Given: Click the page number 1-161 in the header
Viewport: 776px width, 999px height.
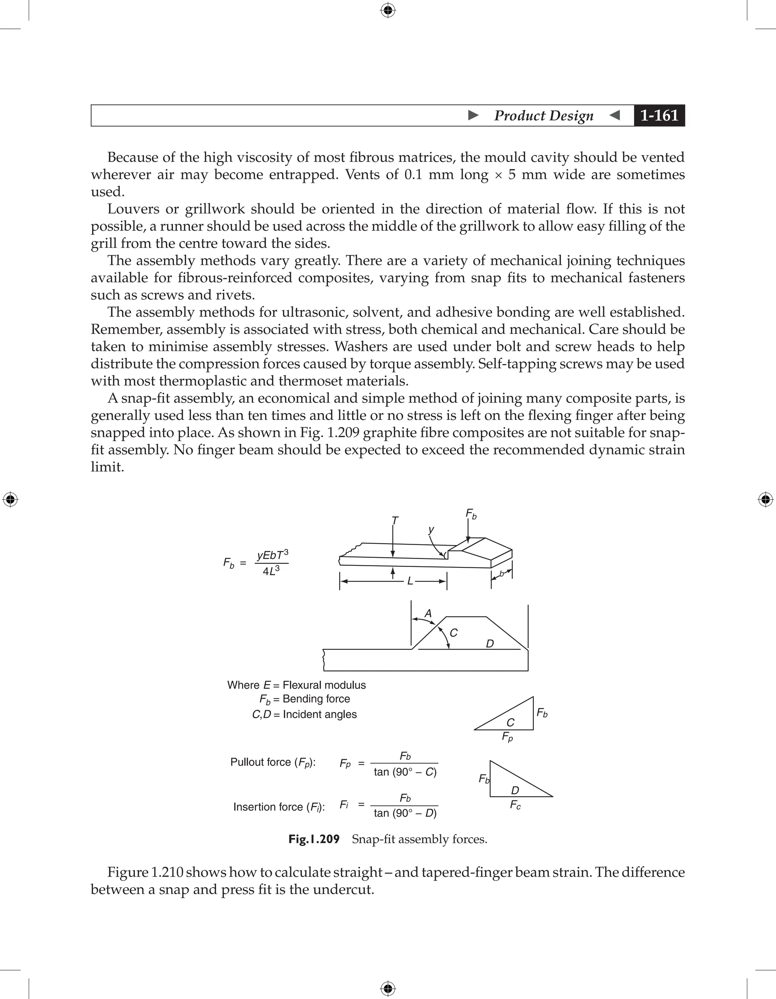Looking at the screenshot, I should point(659,115).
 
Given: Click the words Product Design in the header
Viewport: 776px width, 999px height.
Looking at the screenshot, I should point(543,115).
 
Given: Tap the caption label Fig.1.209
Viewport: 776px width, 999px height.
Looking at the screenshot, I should point(314,839).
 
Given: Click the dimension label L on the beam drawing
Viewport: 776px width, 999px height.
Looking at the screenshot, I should point(410,581).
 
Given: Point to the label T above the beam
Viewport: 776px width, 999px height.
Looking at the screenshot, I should point(395,521).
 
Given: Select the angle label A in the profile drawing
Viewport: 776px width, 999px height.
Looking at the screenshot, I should point(428,614).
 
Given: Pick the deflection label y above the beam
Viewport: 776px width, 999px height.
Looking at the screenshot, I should point(431,530).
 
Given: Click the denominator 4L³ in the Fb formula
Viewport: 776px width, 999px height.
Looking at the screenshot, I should point(271,571).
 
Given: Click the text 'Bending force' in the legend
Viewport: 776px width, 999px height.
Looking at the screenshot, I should point(316,698).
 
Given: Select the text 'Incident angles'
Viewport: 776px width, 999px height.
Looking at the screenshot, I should point(320,714).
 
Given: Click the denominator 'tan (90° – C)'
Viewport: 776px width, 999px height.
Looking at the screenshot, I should point(405,772).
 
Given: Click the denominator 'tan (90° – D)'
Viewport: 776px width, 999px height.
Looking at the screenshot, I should point(405,813).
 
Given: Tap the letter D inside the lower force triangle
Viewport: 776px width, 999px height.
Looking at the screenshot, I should point(515,790).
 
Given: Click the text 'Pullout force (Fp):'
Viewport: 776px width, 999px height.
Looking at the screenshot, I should point(273,762).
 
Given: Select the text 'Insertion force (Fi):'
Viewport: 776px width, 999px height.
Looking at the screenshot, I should point(279,807).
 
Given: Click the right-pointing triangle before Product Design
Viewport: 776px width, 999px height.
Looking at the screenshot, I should point(473,115).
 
